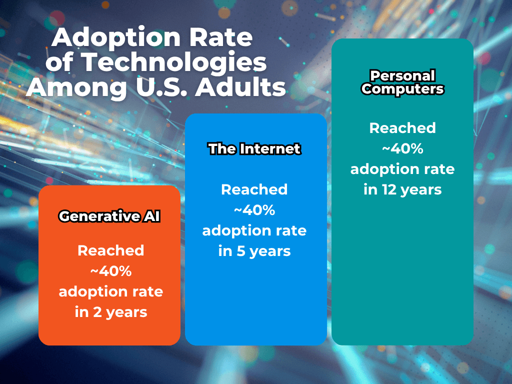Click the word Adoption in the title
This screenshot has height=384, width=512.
click(x=116, y=38)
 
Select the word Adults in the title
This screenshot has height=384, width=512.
click(x=240, y=87)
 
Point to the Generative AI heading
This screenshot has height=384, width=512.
click(x=109, y=216)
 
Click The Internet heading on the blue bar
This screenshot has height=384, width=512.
click(x=254, y=149)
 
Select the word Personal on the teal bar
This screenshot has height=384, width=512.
click(x=402, y=76)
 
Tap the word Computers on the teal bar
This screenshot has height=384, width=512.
click(x=402, y=89)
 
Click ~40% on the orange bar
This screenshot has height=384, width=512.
click(x=110, y=271)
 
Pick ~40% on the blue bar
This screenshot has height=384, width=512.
click(x=254, y=210)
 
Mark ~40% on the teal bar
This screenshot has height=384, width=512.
click(x=402, y=148)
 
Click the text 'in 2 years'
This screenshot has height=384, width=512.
click(x=110, y=312)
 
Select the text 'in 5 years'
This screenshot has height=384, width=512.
click(x=254, y=251)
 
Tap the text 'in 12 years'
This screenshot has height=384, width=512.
click(x=402, y=189)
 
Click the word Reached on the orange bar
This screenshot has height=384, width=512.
click(x=110, y=250)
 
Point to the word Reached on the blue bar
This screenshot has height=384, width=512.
click(x=254, y=189)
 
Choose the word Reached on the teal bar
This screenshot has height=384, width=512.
click(x=402, y=128)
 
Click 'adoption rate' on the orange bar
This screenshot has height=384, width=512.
click(x=110, y=291)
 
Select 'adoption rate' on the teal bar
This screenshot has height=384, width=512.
click(x=402, y=169)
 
